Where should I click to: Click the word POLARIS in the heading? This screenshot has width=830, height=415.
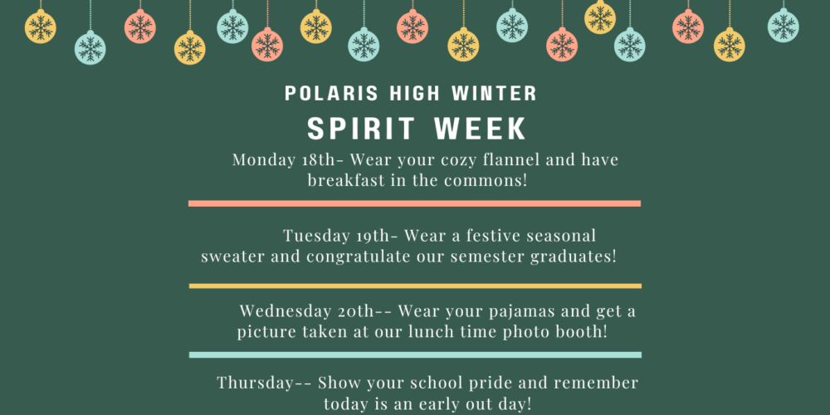tap(332, 94)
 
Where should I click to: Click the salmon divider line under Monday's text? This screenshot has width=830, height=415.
tap(414, 203)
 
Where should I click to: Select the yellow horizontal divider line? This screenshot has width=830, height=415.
tap(415, 286)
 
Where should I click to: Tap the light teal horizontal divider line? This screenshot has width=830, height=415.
tap(415, 354)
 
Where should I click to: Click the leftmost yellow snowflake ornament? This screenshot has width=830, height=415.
tap(40, 27)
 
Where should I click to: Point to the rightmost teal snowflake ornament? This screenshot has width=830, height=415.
tap(784, 26)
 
